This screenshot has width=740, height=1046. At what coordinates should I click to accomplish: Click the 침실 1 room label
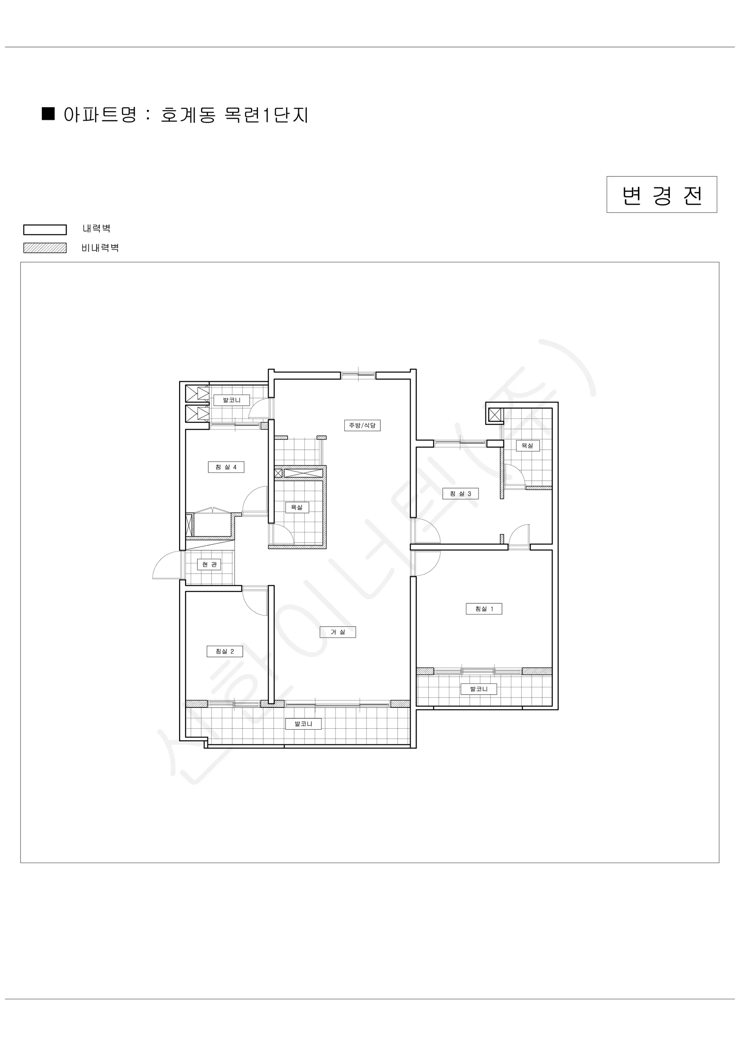point(484,609)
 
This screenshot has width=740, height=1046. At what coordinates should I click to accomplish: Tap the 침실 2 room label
point(224,652)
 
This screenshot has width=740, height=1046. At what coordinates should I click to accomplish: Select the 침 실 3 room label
point(460,493)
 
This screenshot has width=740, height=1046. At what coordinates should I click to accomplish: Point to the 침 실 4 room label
point(226,467)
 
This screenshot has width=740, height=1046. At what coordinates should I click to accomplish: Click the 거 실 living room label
point(338,632)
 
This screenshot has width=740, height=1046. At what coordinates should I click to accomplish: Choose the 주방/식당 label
point(362,425)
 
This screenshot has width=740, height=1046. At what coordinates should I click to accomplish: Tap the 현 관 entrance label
point(209,564)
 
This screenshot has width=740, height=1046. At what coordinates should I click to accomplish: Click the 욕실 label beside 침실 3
point(528,445)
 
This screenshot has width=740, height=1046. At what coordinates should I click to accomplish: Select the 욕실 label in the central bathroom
point(297,507)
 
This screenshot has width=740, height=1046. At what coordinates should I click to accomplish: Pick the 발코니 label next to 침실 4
point(232,401)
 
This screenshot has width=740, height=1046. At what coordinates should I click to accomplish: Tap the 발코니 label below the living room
point(303,723)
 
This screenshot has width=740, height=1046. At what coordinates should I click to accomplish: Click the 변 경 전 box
point(662,194)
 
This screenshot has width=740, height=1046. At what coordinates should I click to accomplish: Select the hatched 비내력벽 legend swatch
point(45,248)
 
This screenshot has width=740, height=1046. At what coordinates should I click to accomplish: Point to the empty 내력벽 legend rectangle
point(45,230)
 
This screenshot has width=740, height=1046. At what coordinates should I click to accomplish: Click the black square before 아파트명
point(48,113)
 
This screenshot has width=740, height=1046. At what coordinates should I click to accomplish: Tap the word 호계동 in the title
point(188,115)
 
